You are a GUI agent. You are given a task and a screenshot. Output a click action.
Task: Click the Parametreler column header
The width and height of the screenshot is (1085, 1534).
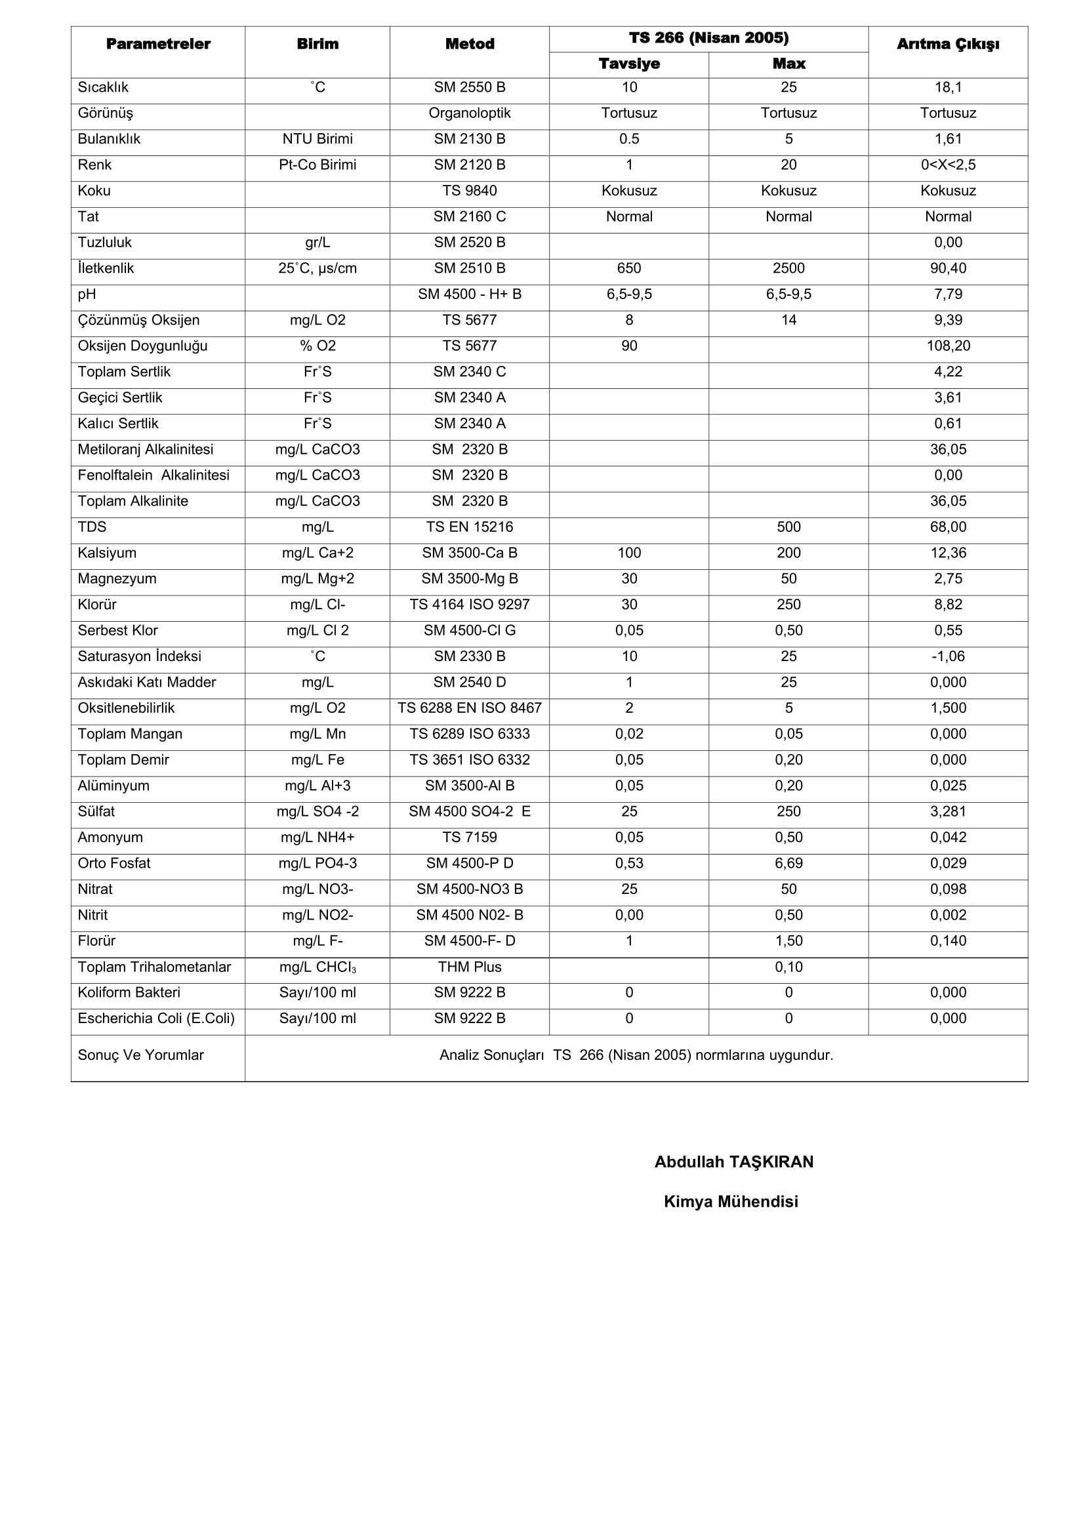point(158,44)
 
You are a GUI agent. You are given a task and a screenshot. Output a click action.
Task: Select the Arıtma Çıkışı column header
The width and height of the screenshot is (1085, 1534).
point(947,44)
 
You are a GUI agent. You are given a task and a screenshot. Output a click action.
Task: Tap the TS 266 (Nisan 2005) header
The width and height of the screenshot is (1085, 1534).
point(708,38)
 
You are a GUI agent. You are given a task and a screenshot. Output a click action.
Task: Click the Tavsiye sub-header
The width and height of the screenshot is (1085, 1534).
point(628,64)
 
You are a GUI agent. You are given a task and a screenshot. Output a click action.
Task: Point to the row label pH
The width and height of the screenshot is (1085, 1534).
point(87,294)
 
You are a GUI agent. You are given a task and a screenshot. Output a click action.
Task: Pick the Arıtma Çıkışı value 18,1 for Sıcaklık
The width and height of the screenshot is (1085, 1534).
point(947,87)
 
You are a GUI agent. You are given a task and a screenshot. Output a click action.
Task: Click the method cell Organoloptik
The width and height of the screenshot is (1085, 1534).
point(469,113)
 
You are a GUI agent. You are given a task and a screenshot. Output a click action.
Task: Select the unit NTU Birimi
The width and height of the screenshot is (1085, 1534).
point(317,139)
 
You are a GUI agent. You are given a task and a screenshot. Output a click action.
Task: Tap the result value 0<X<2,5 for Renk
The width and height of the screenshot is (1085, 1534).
point(947,165)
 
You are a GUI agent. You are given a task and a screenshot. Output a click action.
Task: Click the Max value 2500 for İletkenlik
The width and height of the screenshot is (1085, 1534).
point(788,269)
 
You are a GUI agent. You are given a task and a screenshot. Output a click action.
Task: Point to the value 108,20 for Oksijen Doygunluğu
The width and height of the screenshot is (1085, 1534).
point(947,346)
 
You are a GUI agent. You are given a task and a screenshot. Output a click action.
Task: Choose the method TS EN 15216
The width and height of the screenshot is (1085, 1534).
point(469,527)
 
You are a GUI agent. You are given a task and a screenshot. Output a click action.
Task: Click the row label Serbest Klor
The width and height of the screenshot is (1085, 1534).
point(117,631)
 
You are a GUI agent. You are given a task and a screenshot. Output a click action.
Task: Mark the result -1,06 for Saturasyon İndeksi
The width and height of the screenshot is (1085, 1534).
point(947,656)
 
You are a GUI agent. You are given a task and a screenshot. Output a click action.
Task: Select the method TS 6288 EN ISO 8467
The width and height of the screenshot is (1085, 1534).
point(469,708)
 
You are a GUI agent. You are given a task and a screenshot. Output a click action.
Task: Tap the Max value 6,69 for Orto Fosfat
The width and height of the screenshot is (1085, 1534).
point(788,863)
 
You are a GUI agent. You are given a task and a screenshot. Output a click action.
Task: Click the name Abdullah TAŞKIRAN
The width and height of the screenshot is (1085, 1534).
point(733,1162)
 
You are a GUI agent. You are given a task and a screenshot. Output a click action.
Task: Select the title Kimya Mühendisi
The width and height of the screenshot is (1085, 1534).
point(731,1201)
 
